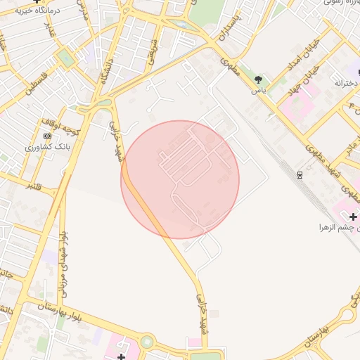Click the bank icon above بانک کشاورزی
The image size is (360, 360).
(47, 135)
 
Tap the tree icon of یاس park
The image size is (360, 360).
(259, 79)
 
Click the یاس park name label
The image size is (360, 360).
(259, 91)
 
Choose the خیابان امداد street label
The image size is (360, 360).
(304, 56)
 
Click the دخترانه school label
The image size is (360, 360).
(346, 83)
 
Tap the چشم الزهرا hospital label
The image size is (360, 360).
(337, 228)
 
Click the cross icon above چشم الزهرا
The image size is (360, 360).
(353, 217)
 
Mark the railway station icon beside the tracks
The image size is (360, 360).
(300, 174)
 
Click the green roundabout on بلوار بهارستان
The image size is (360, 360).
(147, 342)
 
